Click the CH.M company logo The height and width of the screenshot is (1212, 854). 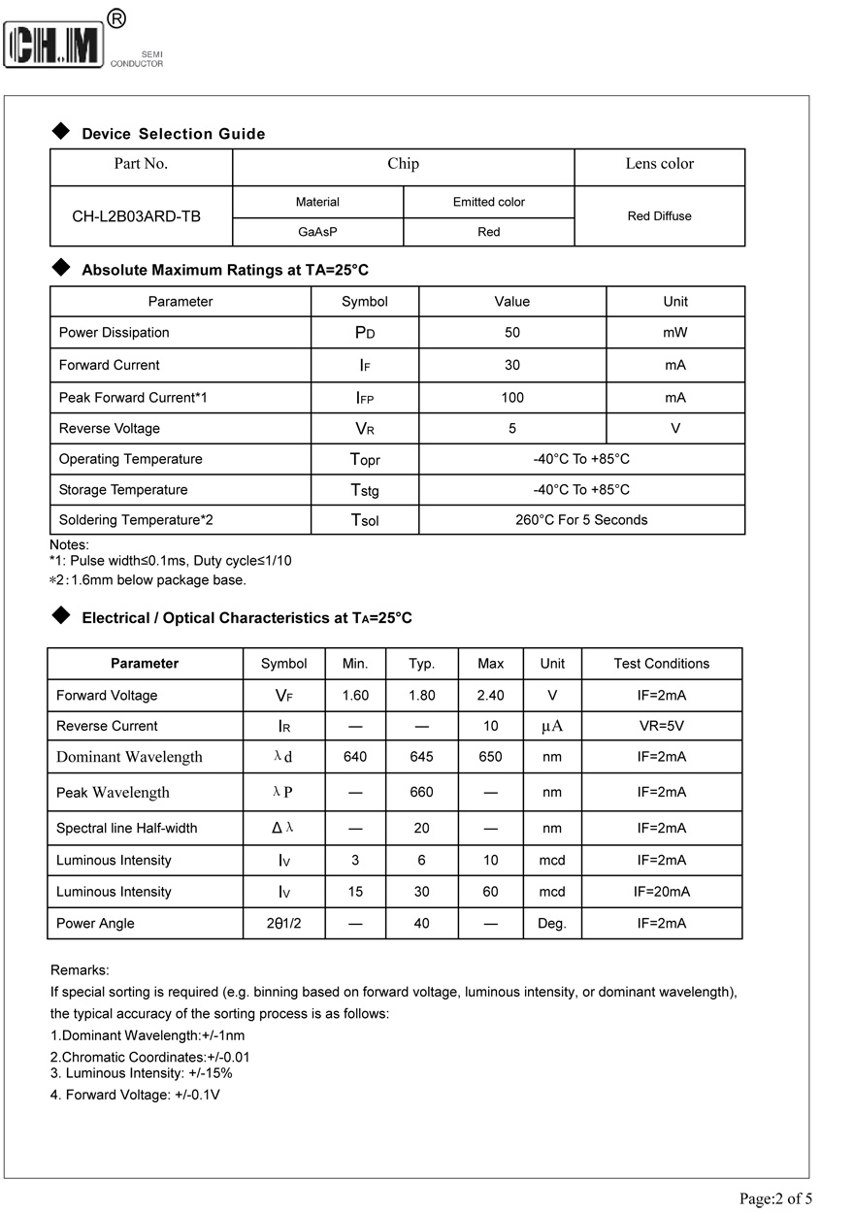click(x=54, y=45)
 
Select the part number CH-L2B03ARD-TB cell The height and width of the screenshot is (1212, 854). click(x=137, y=216)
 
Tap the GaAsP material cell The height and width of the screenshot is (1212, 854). click(x=317, y=232)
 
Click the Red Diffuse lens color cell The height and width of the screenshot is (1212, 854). click(x=659, y=216)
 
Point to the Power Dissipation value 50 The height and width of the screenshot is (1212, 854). click(x=512, y=333)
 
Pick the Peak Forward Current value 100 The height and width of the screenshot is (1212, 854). click(x=512, y=398)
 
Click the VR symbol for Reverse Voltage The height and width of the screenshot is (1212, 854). click(x=365, y=429)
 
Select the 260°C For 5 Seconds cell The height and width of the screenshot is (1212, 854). click(x=581, y=520)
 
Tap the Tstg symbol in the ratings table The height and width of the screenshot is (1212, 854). click(x=365, y=490)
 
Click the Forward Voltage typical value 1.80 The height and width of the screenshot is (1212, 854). click(x=421, y=696)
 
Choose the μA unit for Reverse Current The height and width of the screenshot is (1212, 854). click(x=552, y=726)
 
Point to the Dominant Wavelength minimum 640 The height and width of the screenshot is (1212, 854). click(x=355, y=757)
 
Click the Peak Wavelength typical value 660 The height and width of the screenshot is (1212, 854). click(x=421, y=792)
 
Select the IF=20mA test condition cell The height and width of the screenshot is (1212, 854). click(x=661, y=892)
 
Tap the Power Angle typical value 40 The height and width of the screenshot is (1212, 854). click(x=421, y=924)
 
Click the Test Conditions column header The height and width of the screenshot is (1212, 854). click(x=661, y=664)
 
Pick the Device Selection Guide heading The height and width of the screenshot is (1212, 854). click(x=173, y=134)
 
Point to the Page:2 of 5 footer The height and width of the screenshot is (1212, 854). click(x=775, y=1198)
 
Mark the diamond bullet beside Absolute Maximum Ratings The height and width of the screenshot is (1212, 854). click(x=60, y=268)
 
